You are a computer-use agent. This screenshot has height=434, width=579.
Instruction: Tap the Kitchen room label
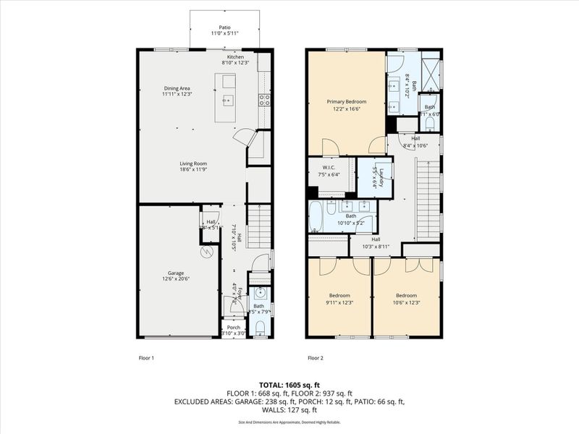236,57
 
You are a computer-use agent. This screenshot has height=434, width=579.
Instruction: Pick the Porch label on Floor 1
233,327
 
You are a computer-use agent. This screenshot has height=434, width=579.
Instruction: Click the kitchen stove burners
265,100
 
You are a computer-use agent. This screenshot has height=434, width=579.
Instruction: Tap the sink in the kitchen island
227,101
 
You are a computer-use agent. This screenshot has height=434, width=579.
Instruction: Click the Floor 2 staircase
428,202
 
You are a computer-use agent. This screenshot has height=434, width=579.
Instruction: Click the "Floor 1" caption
146,358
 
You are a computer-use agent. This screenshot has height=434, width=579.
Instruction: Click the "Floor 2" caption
315,358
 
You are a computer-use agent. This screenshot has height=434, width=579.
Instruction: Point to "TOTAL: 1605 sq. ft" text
289,385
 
